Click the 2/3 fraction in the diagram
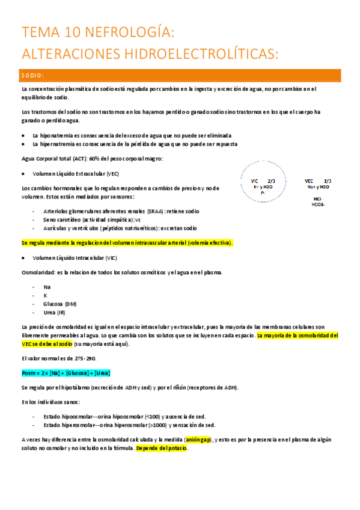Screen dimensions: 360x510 tap(271, 181)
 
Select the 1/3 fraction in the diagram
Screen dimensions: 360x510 tap(327, 180)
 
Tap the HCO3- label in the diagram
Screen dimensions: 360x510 tap(317, 204)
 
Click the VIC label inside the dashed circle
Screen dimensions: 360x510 tap(254, 181)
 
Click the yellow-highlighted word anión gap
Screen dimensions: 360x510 tap(198, 440)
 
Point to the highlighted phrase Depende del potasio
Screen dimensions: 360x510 tap(162, 448)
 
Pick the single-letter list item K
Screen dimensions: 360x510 tap(46, 295)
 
